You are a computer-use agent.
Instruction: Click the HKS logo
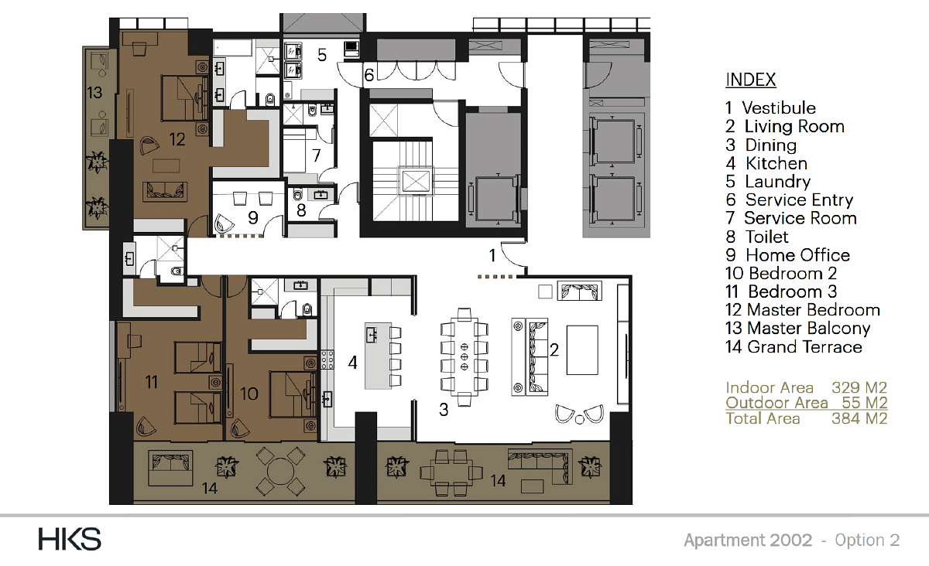[70, 539]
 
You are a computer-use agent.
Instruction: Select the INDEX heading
[751, 80]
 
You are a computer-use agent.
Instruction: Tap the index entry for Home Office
[787, 255]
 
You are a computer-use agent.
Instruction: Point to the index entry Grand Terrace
[794, 347]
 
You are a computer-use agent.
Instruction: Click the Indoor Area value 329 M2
[859, 387]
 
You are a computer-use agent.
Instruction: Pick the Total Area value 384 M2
[859, 418]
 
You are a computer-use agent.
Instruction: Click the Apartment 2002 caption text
[748, 540]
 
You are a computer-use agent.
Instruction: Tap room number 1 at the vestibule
[492, 256]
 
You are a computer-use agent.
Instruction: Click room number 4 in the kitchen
[352, 363]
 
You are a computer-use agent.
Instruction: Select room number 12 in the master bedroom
[177, 139]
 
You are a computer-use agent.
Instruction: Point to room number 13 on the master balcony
[94, 92]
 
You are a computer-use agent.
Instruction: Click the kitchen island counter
[378, 356]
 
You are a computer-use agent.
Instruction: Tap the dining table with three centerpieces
[464, 356]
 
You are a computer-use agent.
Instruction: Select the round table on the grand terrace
[280, 471]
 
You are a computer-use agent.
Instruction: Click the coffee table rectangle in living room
[582, 350]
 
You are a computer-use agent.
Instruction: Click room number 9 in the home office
[253, 217]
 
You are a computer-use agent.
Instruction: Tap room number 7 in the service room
[317, 155]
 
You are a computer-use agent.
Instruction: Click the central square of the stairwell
[416, 181]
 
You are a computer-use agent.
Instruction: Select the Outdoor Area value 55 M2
[864, 403]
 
